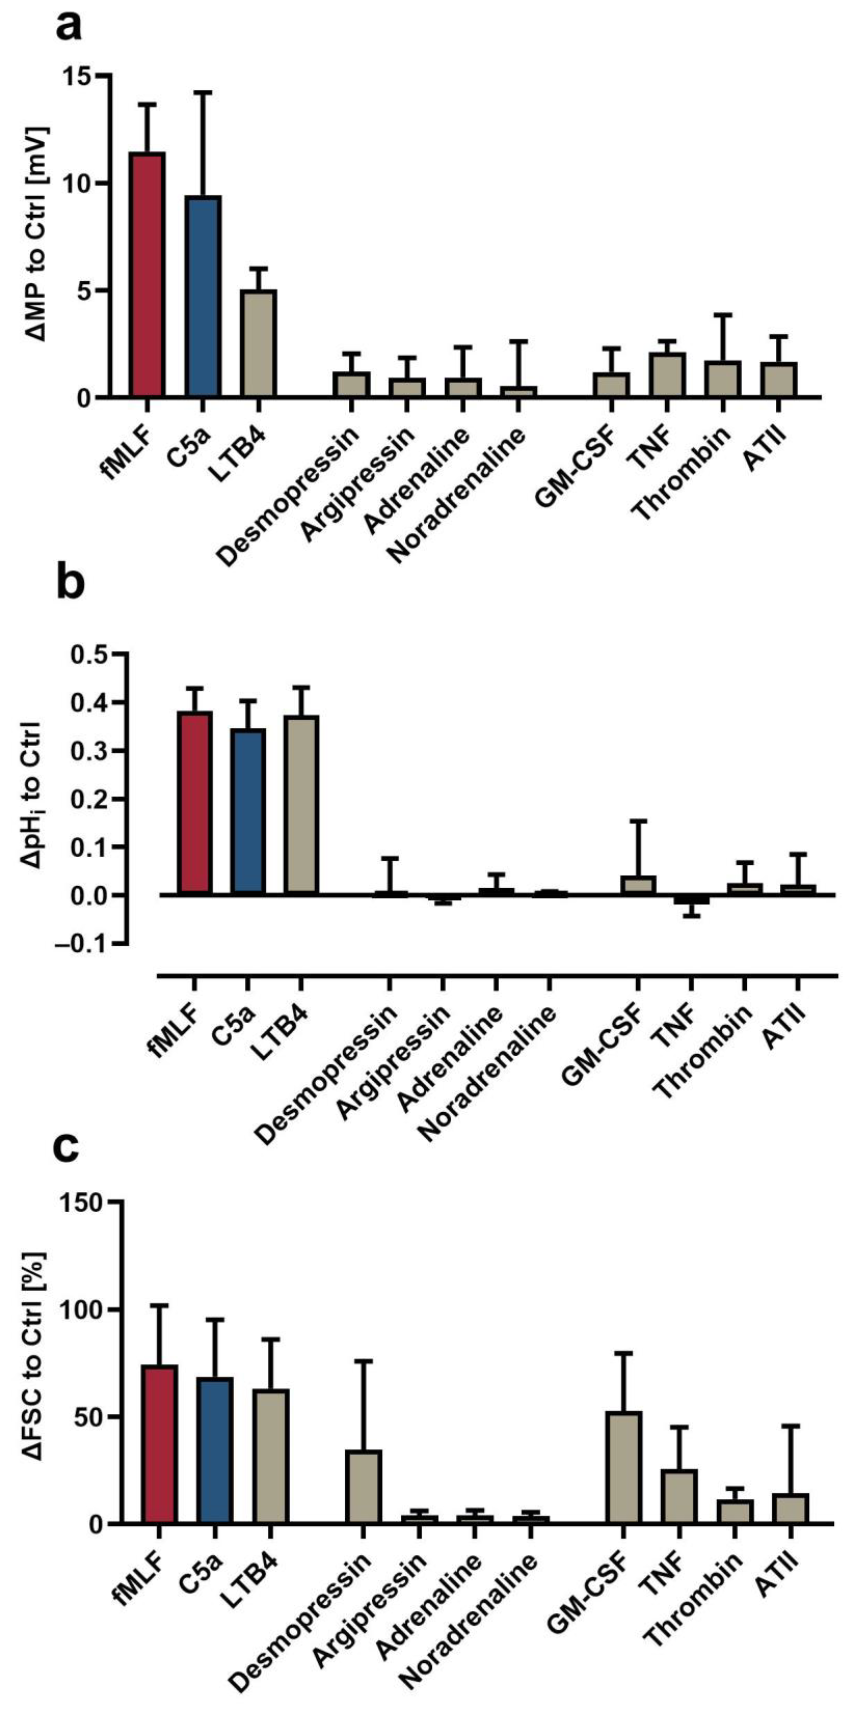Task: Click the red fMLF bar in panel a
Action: click(x=147, y=275)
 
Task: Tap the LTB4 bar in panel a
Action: click(x=258, y=344)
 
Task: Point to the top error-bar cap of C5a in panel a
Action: click(x=203, y=92)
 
